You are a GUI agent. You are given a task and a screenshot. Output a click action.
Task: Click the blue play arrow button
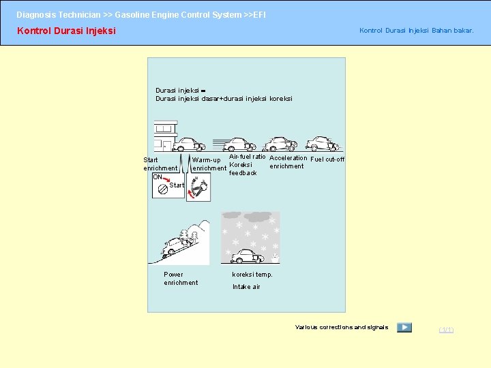coord(404,327)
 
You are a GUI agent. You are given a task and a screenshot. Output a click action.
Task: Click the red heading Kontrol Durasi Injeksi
coord(66,31)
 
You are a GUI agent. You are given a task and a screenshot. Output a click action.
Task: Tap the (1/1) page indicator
coord(445,330)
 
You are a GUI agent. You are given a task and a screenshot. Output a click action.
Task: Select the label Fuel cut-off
coord(327,159)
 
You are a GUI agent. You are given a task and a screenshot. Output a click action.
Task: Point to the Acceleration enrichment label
coord(288,162)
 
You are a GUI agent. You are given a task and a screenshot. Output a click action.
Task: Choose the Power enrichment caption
coord(181,278)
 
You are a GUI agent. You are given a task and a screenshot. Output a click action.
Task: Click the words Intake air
coord(246,287)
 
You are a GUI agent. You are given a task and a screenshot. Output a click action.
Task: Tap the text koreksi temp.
coord(252,275)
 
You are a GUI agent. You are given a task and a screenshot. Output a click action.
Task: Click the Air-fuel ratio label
coord(247,157)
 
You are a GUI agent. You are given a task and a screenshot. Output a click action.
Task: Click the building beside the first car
coord(164,136)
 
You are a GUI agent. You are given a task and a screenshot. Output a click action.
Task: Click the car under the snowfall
coord(247,256)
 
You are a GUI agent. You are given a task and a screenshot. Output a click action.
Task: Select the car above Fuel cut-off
coord(321,143)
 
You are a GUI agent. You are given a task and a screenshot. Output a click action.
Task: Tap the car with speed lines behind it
coord(239,144)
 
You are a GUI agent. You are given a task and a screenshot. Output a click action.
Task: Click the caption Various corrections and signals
coord(342,327)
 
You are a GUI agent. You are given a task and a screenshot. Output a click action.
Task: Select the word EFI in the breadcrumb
coord(259,14)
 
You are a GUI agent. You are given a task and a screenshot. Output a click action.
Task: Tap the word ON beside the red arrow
coord(158,177)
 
